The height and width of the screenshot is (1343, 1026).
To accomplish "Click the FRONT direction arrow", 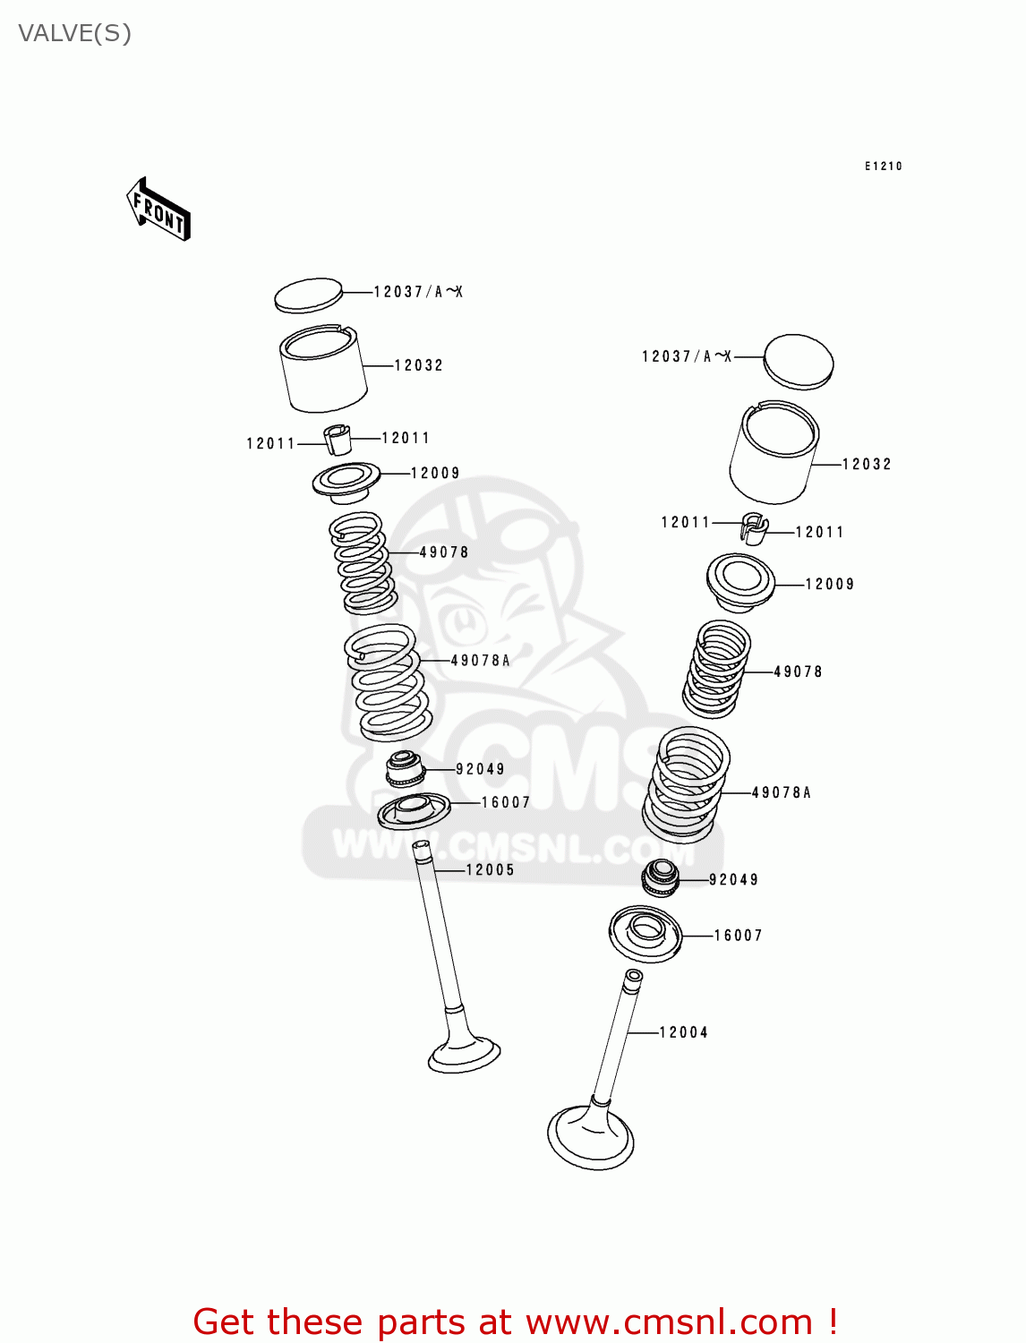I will pyautogui.click(x=159, y=210).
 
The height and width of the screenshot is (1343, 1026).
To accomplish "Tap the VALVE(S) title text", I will pyautogui.click(x=75, y=34).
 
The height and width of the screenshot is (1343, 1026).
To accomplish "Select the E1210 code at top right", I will pyautogui.click(x=883, y=167).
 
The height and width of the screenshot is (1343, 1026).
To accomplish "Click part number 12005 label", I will pyautogui.click(x=491, y=870).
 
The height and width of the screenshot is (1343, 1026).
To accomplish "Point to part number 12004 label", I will pyautogui.click(x=684, y=1032).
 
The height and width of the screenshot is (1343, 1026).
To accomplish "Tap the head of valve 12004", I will pyautogui.click(x=591, y=1137).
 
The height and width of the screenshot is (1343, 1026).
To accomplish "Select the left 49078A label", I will pyautogui.click(x=481, y=661).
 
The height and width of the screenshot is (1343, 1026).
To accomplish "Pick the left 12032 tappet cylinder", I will pyautogui.click(x=323, y=370).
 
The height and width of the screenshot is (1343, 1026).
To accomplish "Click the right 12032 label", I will pyautogui.click(x=867, y=464).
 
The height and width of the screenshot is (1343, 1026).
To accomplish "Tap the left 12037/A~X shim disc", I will pyautogui.click(x=308, y=295).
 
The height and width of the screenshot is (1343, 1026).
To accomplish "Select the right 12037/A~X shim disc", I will pyautogui.click(x=799, y=362).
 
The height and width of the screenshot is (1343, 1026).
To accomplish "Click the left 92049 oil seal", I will pyautogui.click(x=405, y=769).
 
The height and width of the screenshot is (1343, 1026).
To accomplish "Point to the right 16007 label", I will pyautogui.click(x=739, y=936).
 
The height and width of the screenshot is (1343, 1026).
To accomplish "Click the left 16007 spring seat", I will pyautogui.click(x=414, y=810).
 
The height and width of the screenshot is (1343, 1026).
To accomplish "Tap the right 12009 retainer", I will pyautogui.click(x=740, y=581).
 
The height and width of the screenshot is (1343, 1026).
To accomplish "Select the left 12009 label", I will pyautogui.click(x=435, y=473).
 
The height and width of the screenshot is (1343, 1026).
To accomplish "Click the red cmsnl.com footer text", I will pyautogui.click(x=516, y=1322).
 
